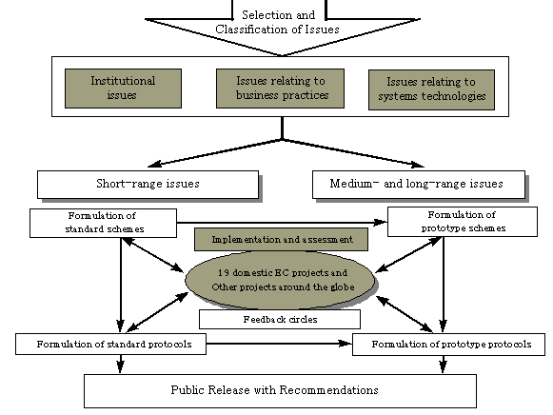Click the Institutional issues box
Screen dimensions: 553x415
[123, 89]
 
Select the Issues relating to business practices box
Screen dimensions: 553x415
[280, 89]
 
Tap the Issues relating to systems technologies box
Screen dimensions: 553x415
[431, 89]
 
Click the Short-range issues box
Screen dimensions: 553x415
[148, 185]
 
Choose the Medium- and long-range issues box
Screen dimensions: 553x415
[419, 185]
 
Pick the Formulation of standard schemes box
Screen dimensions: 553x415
[104, 223]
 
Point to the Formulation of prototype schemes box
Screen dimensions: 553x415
[463, 222]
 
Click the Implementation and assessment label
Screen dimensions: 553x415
[281, 240]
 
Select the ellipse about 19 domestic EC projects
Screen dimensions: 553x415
[281, 280]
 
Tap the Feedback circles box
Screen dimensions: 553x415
[280, 320]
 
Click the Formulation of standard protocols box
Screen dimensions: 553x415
[110, 345]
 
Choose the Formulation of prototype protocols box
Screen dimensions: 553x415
[448, 345]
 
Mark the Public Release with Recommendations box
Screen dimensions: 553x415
[280, 391]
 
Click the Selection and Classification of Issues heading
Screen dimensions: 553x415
[278, 22]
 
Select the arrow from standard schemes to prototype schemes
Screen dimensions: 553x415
[282, 223]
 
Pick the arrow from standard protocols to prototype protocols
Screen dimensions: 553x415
[279, 344]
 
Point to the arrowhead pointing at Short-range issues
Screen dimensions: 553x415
[154, 164]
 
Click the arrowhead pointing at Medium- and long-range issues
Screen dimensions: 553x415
[418, 165]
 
